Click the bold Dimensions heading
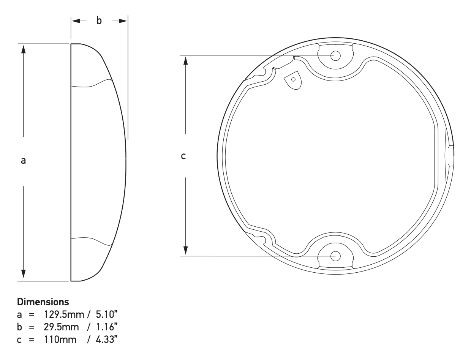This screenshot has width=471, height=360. (x=43, y=302)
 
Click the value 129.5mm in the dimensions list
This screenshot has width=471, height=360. (x=64, y=314)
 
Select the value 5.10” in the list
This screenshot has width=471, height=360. (x=107, y=314)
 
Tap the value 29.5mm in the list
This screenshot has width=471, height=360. (x=62, y=327)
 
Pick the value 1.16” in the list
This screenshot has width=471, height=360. (x=107, y=327)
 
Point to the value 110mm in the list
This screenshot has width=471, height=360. (x=60, y=339)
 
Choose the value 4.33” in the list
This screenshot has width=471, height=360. (x=107, y=339)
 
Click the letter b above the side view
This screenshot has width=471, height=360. (x=99, y=21)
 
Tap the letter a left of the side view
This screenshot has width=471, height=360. (x=23, y=161)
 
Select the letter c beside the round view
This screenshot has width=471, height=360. (x=183, y=156)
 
